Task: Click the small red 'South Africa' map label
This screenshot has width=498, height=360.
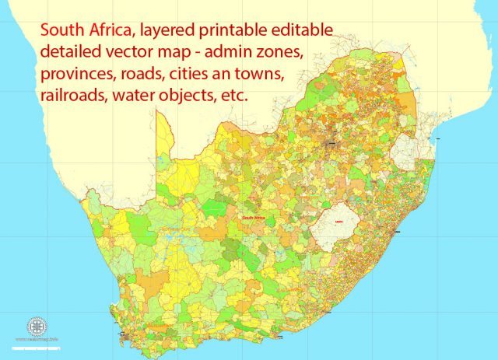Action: coord(257,218)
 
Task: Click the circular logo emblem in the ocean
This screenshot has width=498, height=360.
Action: coord(37,327)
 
